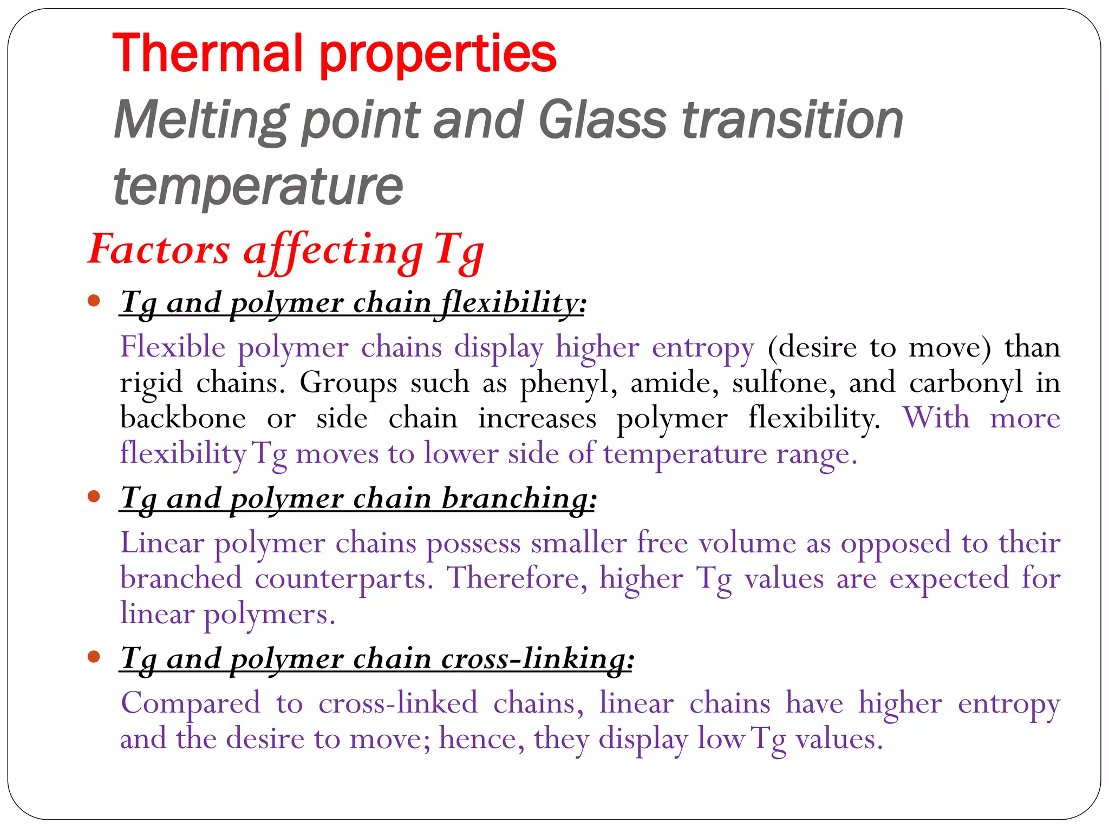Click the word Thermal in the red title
206,54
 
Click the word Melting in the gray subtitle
200,120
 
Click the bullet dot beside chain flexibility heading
94,300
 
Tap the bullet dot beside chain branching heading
94,496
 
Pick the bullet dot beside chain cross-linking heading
94,657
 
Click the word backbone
183,418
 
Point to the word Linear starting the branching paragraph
162,543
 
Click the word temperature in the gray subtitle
258,187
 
